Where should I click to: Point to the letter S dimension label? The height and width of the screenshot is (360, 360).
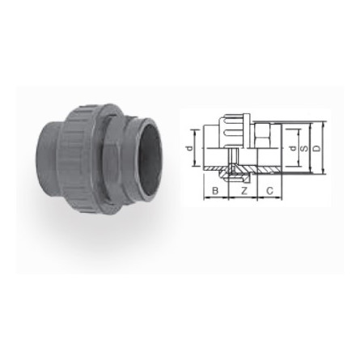(x=303, y=149)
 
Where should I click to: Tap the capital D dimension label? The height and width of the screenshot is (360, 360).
(x=316, y=149)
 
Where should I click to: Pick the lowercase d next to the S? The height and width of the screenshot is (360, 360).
(x=292, y=149)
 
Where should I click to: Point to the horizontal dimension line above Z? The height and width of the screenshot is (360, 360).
(x=244, y=198)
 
